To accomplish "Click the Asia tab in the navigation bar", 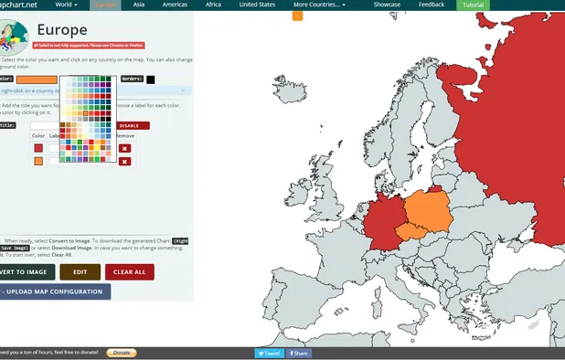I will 139,5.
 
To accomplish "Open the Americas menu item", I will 175,5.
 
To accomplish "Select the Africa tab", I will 213,5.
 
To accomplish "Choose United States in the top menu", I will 257,5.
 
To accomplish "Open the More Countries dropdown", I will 319,5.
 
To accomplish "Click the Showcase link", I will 386,5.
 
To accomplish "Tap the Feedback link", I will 432,5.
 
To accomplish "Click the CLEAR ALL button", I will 130,271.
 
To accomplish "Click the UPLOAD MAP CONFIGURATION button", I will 55,291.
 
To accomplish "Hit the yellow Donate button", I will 122,353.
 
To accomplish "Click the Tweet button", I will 269,353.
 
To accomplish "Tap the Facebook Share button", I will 299,353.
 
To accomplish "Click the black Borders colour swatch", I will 150,79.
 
